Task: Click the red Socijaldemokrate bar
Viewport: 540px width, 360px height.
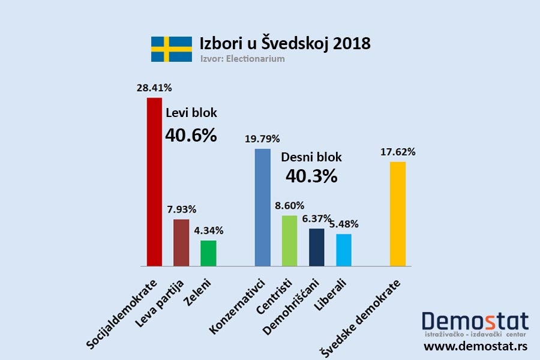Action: tap(154, 181)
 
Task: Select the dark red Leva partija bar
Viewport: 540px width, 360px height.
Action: tap(181, 242)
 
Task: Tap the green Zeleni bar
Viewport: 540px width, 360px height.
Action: tap(208, 253)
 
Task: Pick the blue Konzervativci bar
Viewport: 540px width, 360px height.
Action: tap(262, 207)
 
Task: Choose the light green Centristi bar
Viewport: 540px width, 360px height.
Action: tap(289, 240)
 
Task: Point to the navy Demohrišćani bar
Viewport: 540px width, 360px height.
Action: tap(316, 247)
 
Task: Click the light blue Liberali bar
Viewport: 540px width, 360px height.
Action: tap(344, 250)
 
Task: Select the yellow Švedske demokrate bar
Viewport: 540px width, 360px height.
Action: tap(398, 214)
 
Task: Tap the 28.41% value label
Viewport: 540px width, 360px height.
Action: tap(154, 88)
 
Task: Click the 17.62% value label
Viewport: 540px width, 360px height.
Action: tap(398, 152)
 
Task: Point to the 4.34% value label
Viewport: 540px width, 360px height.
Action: tap(208, 230)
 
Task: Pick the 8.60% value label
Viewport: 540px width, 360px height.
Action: tap(289, 205)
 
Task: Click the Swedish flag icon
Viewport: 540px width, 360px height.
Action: tap(171, 49)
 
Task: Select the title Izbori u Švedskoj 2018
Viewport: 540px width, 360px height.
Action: tap(285, 44)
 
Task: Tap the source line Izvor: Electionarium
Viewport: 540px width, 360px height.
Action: tap(242, 59)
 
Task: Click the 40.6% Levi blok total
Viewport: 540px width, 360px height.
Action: tap(191, 136)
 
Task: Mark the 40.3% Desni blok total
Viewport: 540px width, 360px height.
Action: tap(311, 176)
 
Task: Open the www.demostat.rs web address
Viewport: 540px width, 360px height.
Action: tap(476, 346)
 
